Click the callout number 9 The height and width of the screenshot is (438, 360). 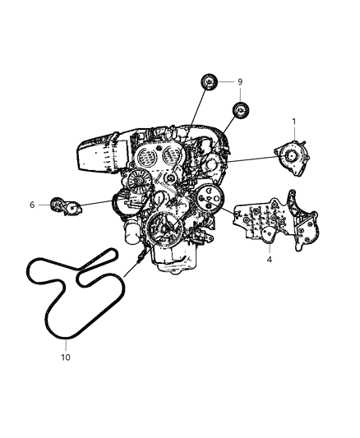pyautogui.click(x=240, y=82)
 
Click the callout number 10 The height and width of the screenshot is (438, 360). pyautogui.click(x=66, y=357)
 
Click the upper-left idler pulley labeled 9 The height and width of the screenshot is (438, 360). pyautogui.click(x=209, y=83)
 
